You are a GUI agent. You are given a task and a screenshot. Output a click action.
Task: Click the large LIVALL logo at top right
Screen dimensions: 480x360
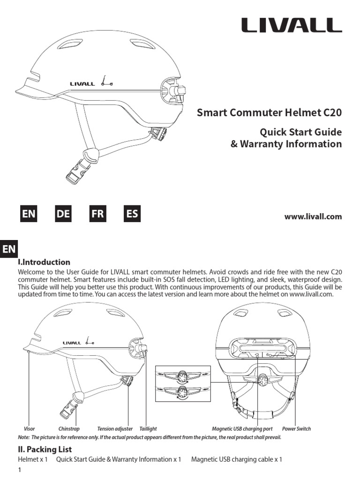[x=292, y=25]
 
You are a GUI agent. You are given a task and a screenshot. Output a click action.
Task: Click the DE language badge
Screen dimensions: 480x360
[x=63, y=214]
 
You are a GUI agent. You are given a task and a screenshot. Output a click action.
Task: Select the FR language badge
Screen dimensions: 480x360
[x=97, y=214]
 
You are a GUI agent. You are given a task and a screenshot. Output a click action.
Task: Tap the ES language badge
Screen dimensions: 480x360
[x=132, y=214]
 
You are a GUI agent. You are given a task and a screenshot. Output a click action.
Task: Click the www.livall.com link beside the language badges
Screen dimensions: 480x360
[x=313, y=217]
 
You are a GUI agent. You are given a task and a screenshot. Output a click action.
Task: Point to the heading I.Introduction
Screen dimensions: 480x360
[x=44, y=262]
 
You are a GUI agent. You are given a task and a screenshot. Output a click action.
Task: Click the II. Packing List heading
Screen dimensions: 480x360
[x=45, y=449]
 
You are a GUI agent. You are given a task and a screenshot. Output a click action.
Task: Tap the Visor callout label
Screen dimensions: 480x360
[x=29, y=429]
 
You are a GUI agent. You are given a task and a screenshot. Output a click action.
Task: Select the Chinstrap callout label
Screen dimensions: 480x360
[x=69, y=429]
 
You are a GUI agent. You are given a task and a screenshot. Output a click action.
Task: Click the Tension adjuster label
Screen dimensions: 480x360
[x=115, y=429]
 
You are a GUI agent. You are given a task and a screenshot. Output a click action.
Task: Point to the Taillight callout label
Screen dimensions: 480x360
[x=148, y=429]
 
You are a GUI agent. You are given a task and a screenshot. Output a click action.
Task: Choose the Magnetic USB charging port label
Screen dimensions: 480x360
[x=242, y=429]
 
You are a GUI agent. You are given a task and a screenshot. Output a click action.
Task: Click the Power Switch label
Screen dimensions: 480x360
[x=296, y=429]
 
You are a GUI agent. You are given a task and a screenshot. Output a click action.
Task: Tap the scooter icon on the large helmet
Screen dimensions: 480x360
[x=107, y=82]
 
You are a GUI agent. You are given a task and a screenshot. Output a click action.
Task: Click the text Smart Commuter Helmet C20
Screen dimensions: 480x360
[x=269, y=113]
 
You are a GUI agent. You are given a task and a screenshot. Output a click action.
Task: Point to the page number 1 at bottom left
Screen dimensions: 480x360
[x=20, y=470]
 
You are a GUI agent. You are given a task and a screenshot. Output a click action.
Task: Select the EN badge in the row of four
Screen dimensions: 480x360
[x=28, y=214]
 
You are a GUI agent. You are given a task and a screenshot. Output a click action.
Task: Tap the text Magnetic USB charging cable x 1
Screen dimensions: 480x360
[x=237, y=459]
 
